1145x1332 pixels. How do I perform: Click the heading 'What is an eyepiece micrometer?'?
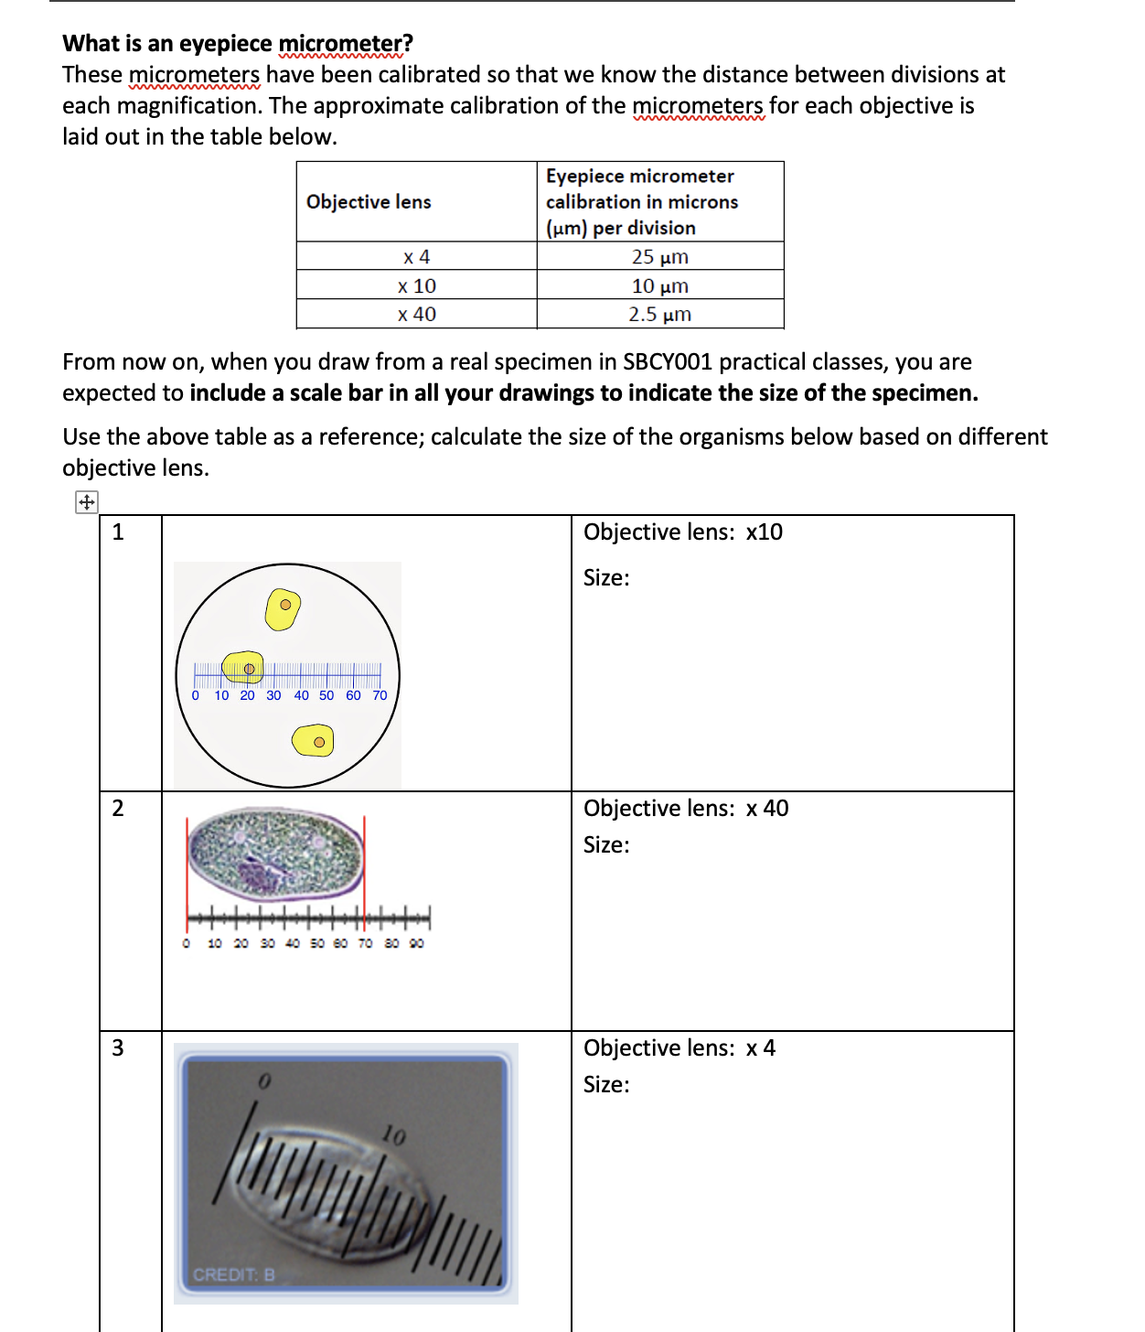(x=238, y=43)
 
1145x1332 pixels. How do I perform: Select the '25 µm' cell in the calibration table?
(x=659, y=257)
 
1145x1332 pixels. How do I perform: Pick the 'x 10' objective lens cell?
(x=416, y=285)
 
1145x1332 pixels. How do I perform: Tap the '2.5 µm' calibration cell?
(x=659, y=314)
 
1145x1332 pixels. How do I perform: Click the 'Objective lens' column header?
(x=369, y=201)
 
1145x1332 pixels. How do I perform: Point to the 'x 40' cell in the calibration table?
(x=416, y=314)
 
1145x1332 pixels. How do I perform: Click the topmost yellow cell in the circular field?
(x=283, y=608)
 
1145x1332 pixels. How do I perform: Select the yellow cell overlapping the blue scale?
(x=243, y=668)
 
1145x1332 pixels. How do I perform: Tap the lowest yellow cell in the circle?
(x=313, y=740)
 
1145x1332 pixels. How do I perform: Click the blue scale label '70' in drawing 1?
(x=380, y=695)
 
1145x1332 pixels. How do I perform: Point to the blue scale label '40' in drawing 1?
(x=301, y=695)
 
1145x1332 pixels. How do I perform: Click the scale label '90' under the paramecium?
(x=416, y=943)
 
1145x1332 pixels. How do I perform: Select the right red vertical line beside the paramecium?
(x=364, y=865)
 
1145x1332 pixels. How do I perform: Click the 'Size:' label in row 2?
(x=606, y=844)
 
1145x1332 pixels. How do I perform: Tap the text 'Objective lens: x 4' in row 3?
(x=679, y=1047)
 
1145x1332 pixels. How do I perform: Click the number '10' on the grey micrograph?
(x=393, y=1135)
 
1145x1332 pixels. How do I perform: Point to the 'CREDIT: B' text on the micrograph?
(x=233, y=1274)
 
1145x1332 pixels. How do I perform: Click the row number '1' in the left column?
(x=118, y=532)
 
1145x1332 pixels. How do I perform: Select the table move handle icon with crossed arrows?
(x=86, y=501)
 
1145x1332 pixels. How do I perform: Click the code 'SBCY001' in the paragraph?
(x=667, y=361)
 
